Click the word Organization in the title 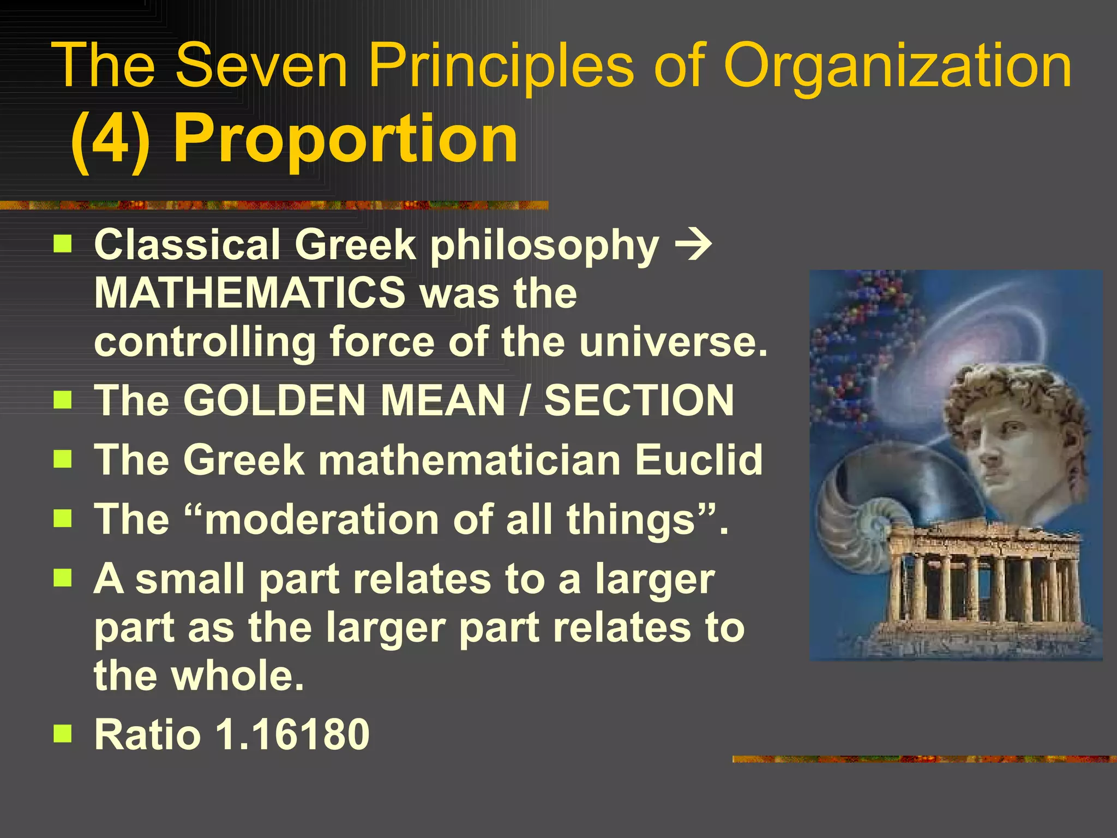click(x=897, y=67)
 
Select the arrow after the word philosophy click(x=694, y=246)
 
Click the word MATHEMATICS click(x=250, y=293)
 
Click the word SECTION click(x=639, y=400)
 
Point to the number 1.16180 click(x=293, y=734)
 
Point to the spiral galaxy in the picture click(x=976, y=349)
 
